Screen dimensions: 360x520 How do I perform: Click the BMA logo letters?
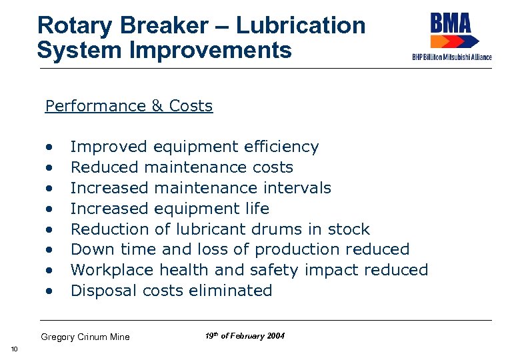tap(451, 24)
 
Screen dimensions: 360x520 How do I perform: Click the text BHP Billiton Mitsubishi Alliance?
tap(451, 58)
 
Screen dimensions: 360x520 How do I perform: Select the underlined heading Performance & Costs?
tap(129, 106)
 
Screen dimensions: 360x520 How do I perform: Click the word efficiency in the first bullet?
tap(281, 147)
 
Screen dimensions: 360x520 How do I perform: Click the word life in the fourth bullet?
tap(257, 209)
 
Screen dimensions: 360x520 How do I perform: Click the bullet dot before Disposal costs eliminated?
tap(49, 291)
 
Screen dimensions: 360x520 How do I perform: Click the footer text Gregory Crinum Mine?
tap(85, 337)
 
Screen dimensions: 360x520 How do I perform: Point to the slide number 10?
tap(14, 350)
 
